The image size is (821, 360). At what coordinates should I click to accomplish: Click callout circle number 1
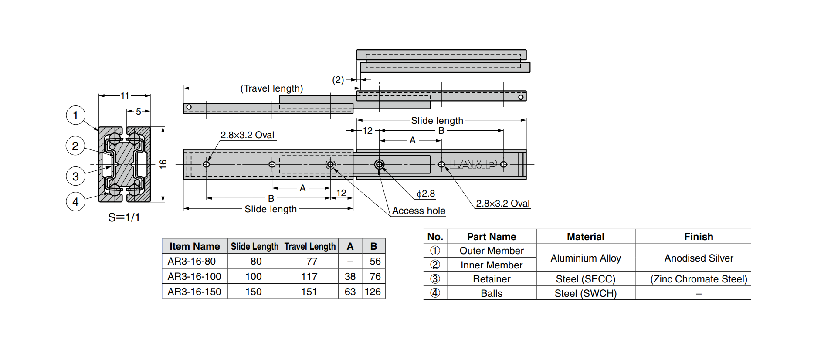tap(75, 115)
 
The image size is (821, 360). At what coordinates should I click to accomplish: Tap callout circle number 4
tap(75, 202)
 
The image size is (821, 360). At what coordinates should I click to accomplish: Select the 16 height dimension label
tap(163, 164)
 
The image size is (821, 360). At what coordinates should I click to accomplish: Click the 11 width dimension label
tap(125, 96)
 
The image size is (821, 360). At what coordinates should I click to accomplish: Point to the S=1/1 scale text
tap(124, 217)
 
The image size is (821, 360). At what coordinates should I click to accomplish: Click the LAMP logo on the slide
tap(473, 164)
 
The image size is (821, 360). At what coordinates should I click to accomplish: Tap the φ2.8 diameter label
tap(426, 194)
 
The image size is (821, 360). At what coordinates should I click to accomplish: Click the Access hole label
tap(418, 211)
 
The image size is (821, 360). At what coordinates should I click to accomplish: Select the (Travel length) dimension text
tap(271, 88)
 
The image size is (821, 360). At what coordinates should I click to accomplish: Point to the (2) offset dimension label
tap(338, 80)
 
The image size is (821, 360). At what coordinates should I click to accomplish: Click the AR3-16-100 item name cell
tap(194, 277)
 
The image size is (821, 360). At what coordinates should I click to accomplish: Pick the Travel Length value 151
tap(309, 292)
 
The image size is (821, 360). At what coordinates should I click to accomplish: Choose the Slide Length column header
tap(254, 247)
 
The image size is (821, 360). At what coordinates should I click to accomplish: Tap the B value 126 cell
tap(373, 292)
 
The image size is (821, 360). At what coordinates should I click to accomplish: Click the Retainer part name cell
tap(492, 279)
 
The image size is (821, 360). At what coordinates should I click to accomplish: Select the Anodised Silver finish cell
tap(699, 258)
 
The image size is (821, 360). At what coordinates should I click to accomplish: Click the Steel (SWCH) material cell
tap(585, 294)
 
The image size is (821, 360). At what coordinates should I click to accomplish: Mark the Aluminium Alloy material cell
tap(585, 258)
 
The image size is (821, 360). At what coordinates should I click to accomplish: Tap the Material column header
tap(585, 237)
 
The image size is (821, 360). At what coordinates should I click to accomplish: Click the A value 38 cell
tap(350, 277)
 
